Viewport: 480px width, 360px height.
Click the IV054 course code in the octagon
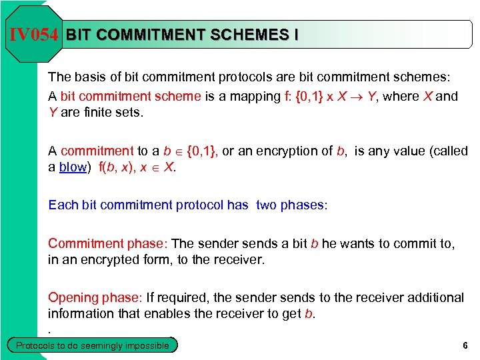pos(34,35)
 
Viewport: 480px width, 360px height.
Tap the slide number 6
pos(464,345)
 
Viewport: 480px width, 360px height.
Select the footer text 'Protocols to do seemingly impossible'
pos(93,345)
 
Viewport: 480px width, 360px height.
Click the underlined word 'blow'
pos(73,167)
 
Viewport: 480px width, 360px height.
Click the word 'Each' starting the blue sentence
pos(63,205)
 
